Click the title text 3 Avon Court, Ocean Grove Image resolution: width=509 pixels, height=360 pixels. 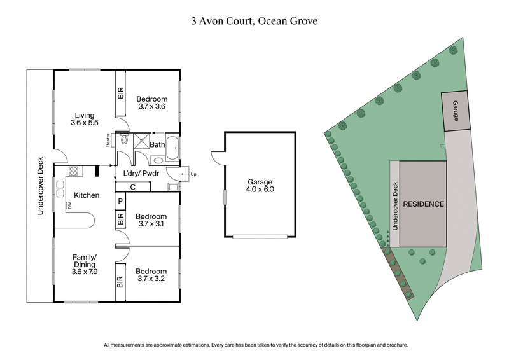point(254,20)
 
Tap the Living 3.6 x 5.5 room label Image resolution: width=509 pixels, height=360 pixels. point(84,120)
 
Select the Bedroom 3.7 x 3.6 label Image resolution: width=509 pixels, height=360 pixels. point(151,103)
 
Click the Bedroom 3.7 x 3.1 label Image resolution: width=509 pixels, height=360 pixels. point(151,220)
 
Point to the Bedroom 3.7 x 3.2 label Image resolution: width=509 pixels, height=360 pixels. point(151,273)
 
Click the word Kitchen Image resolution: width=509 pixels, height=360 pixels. point(87,195)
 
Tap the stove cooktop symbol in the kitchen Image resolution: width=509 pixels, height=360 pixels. point(73,171)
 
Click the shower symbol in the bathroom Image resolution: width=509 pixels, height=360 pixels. point(141,141)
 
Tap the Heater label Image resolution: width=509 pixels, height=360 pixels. point(109,140)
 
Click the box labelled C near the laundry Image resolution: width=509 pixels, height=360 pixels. point(132,186)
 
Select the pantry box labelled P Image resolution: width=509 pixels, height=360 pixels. point(120,202)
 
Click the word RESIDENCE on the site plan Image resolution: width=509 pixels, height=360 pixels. point(422,204)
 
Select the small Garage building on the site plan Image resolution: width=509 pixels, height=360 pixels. point(456,111)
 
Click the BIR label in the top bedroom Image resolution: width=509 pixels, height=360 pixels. point(121,93)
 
